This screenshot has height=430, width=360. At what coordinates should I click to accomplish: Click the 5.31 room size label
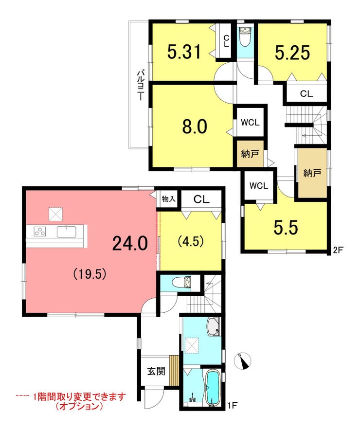184,52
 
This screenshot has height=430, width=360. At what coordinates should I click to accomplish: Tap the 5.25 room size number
292,52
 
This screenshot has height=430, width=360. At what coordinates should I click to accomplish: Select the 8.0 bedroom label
195,126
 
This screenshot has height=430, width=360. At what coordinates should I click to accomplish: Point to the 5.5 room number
286,227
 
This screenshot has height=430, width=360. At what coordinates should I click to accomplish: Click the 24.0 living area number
130,244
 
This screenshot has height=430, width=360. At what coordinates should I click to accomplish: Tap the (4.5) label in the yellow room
191,241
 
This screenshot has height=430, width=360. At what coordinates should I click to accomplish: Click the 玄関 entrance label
156,371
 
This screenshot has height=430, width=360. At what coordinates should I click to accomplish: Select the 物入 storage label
168,199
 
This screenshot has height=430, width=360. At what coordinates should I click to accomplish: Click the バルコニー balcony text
141,86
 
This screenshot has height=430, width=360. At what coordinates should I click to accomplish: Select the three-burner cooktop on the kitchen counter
40,232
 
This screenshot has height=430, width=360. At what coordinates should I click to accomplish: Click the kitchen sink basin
67,232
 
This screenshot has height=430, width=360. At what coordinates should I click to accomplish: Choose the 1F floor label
232,405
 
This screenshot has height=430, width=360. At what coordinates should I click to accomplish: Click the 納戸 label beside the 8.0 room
250,154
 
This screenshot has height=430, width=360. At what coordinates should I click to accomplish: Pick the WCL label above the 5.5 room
258,186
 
